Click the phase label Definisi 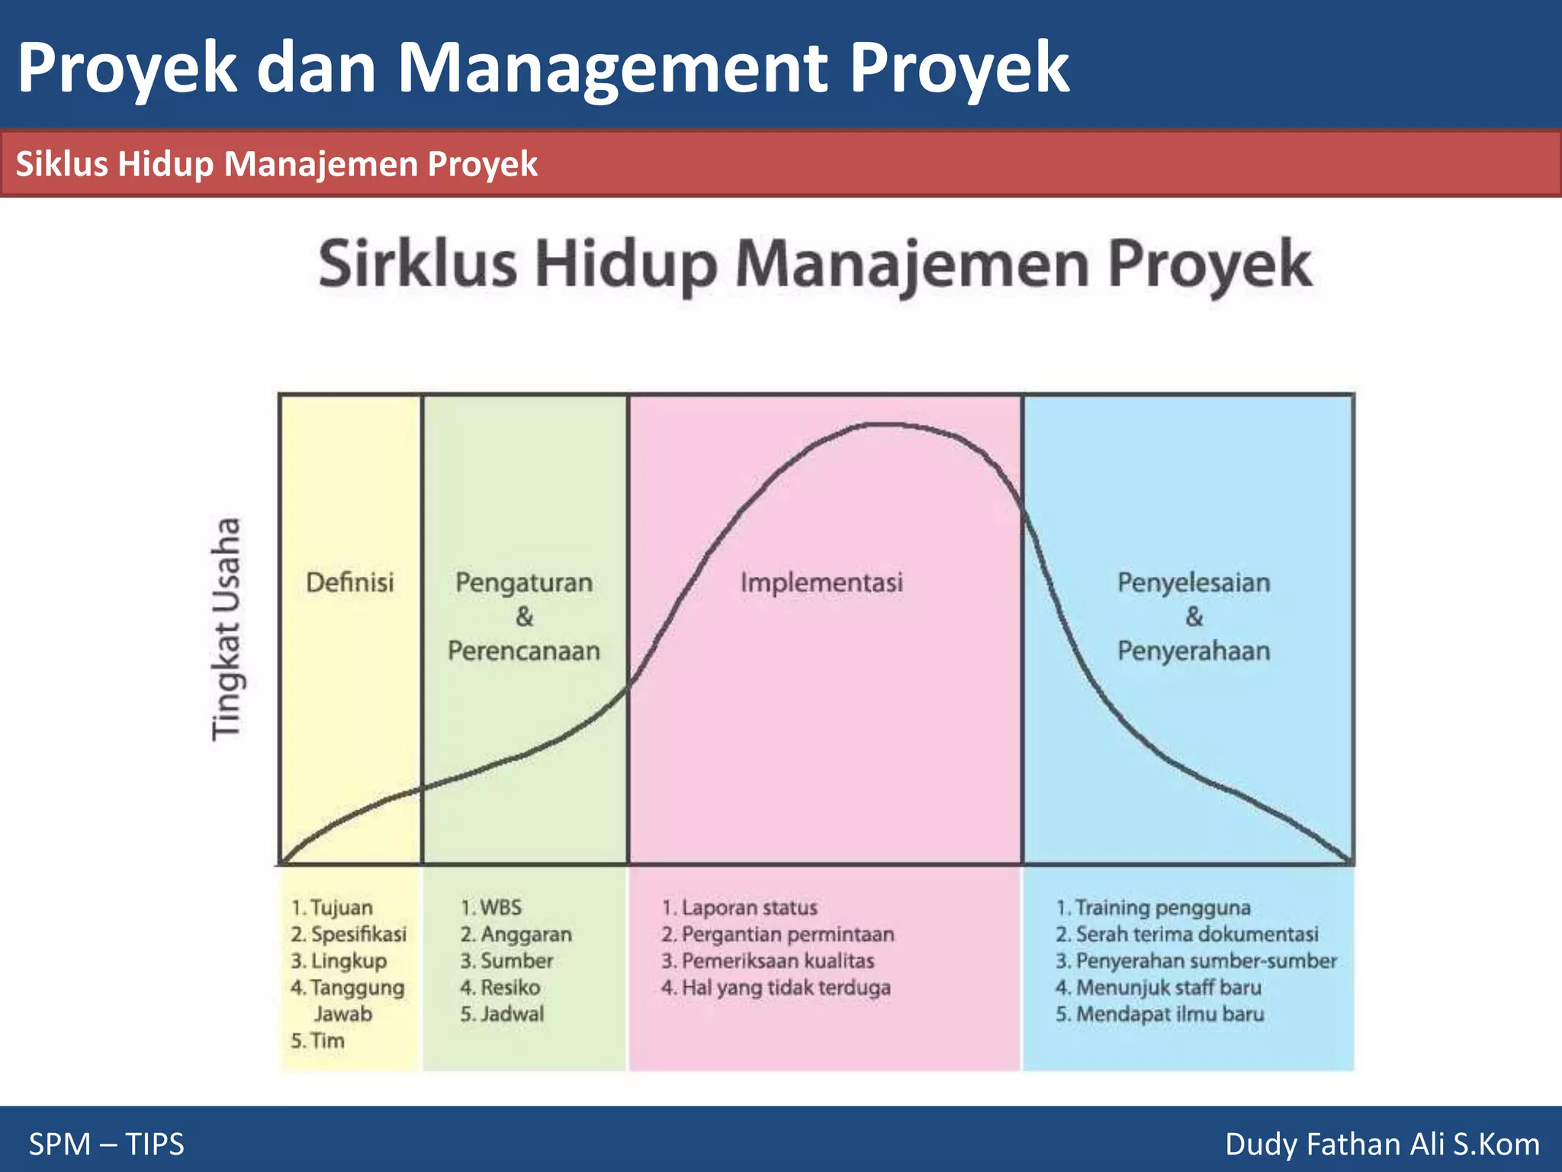click(x=350, y=583)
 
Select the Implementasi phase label click(x=821, y=583)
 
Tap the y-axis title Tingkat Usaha click(x=227, y=629)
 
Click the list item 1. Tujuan click(x=332, y=907)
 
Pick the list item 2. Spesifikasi click(x=349, y=934)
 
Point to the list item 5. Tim click(x=317, y=1041)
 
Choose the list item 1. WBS click(x=491, y=907)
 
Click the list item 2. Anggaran click(x=516, y=934)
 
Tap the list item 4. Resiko click(x=500, y=987)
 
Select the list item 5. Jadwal click(x=502, y=1014)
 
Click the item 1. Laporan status click(x=739, y=907)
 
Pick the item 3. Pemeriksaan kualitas click(x=767, y=961)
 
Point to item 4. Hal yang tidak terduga click(x=776, y=987)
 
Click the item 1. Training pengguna click(x=1153, y=907)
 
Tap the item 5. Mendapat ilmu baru click(x=1160, y=1014)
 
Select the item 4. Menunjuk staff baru click(x=1159, y=987)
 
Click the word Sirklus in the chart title click(x=417, y=264)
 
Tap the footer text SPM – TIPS click(x=107, y=1144)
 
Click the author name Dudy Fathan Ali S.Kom click(x=1382, y=1144)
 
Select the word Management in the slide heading click(x=612, y=69)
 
